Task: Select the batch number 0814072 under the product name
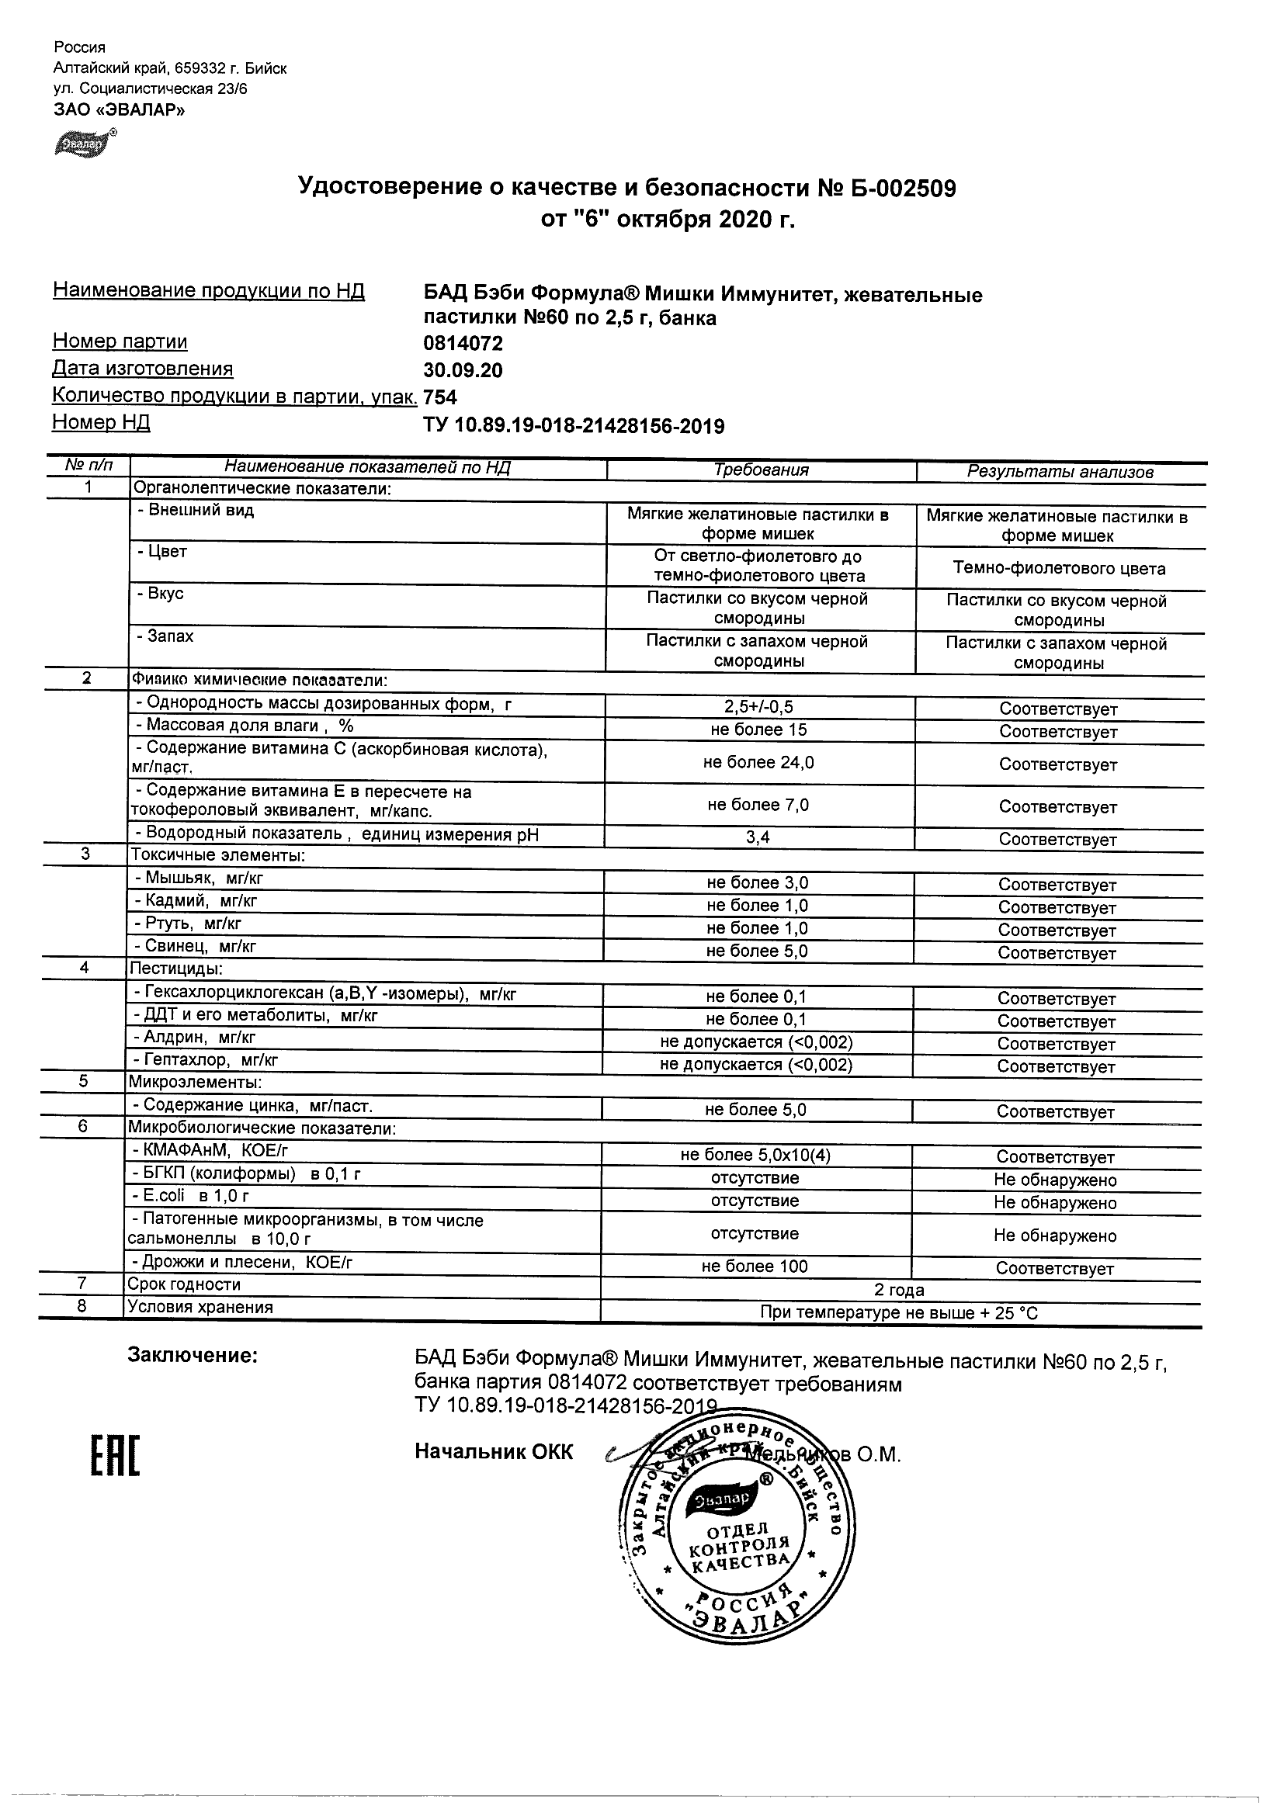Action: (463, 343)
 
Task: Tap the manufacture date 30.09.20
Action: (463, 370)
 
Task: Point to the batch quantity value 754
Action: (441, 397)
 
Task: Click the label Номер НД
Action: (101, 422)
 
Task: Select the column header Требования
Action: (761, 470)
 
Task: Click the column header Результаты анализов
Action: (1060, 472)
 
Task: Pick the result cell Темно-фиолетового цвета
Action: (1059, 568)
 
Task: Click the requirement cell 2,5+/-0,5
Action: (758, 707)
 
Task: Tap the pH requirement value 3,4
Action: (758, 837)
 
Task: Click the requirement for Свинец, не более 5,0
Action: (757, 951)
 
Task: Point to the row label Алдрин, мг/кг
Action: (199, 1038)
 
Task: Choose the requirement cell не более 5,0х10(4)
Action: (755, 1156)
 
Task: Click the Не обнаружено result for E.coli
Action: (1055, 1203)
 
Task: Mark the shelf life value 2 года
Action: (899, 1290)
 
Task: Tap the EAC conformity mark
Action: (114, 1457)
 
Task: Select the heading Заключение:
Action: (193, 1356)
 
